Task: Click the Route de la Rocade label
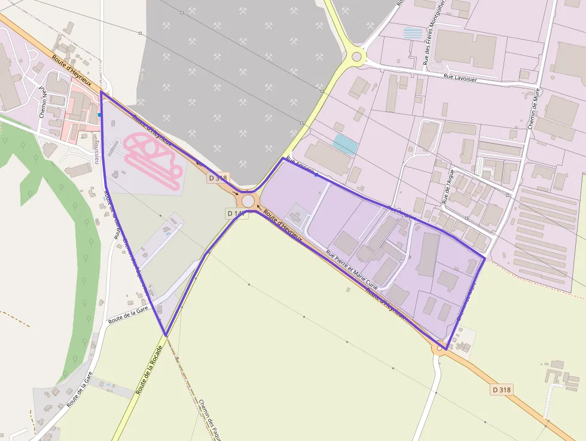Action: (149, 370)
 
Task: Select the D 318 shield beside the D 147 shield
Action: (218, 178)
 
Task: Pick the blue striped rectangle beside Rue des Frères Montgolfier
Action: (412, 33)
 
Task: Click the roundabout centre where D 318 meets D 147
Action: (248, 201)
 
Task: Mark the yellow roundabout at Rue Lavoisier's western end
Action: (357, 57)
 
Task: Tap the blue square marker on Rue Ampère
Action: (316, 175)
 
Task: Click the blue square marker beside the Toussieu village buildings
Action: (99, 114)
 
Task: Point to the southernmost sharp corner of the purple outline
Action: (165, 335)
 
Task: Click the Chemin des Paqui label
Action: (210, 419)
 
